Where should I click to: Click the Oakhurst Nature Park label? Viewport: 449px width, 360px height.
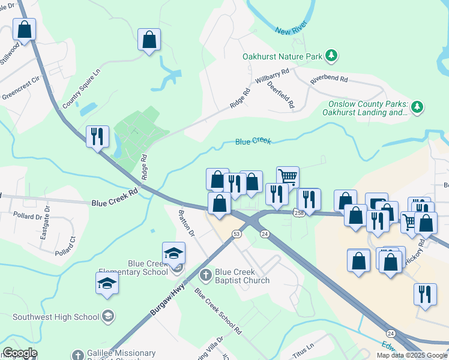coord(282,56)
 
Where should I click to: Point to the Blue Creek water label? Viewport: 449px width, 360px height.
coord(253,141)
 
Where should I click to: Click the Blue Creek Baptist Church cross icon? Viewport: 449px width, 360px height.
coord(205,275)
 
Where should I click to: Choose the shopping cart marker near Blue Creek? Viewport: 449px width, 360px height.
coord(288,177)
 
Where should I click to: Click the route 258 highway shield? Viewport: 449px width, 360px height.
coord(298,213)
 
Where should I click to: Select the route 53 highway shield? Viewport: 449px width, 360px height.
coord(237,233)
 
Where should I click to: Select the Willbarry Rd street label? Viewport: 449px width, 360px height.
coord(272,76)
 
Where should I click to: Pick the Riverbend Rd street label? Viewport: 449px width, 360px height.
coord(329,79)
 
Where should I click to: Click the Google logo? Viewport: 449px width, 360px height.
coord(20,353)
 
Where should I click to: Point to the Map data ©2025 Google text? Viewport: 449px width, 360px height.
coord(411,355)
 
